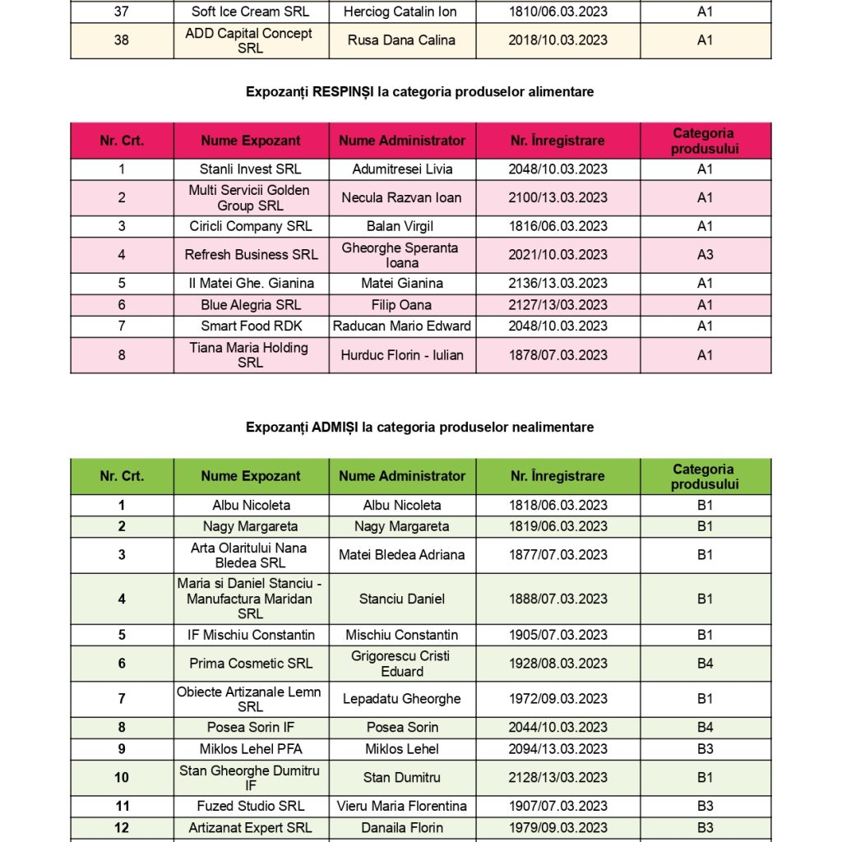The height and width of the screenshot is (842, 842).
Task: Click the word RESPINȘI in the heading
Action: pyautogui.click(x=343, y=92)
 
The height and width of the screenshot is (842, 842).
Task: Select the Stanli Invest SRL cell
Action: pyautogui.click(x=251, y=169)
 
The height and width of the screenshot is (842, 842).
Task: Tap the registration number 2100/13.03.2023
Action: pyautogui.click(x=557, y=197)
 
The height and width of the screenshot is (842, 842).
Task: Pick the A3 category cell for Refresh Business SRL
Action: pyautogui.click(x=705, y=255)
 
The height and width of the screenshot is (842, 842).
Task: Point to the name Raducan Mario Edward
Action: pyautogui.click(x=402, y=326)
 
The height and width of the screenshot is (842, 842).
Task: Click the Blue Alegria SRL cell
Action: pyautogui.click(x=251, y=305)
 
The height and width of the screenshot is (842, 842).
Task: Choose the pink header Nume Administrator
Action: pyautogui.click(x=402, y=141)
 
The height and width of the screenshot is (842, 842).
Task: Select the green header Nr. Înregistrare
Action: pyautogui.click(x=557, y=476)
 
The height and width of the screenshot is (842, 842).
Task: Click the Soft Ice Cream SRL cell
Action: pyautogui.click(x=251, y=12)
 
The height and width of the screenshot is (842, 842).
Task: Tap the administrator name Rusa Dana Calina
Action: pyautogui.click(x=402, y=40)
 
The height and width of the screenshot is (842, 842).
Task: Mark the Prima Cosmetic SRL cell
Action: pyautogui.click(x=251, y=664)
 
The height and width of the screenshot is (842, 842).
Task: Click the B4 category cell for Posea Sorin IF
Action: pyautogui.click(x=705, y=728)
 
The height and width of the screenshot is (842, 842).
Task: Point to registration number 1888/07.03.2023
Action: pyautogui.click(x=557, y=599)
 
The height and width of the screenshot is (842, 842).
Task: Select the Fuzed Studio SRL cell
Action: pyautogui.click(x=251, y=807)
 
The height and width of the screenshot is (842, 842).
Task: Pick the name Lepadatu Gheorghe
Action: pyautogui.click(x=402, y=700)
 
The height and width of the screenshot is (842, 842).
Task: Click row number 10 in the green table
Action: pyautogui.click(x=122, y=778)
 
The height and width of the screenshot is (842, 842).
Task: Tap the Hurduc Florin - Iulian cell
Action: pyautogui.click(x=402, y=355)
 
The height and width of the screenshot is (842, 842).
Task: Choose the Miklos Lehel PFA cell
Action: pyautogui.click(x=251, y=749)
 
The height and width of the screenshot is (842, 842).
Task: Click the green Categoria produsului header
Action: pyautogui.click(x=705, y=476)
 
